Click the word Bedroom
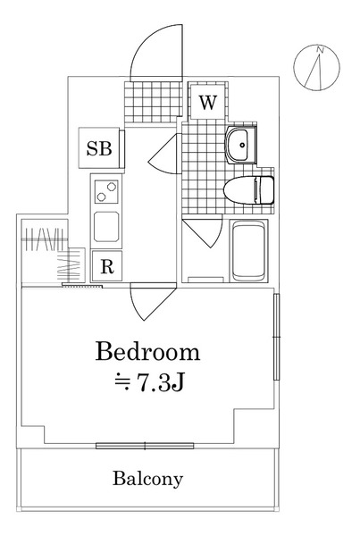click(147, 351)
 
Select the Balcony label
click(148, 479)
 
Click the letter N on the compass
click(321, 49)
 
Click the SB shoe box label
click(99, 148)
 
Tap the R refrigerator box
click(107, 266)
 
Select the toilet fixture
click(248, 189)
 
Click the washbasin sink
click(240, 145)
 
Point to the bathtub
click(248, 251)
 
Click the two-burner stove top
click(106, 191)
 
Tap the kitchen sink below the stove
click(106, 227)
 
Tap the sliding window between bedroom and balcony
click(145, 446)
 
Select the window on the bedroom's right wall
click(277, 337)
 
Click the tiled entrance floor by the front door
click(153, 102)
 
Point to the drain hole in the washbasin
click(243, 145)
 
